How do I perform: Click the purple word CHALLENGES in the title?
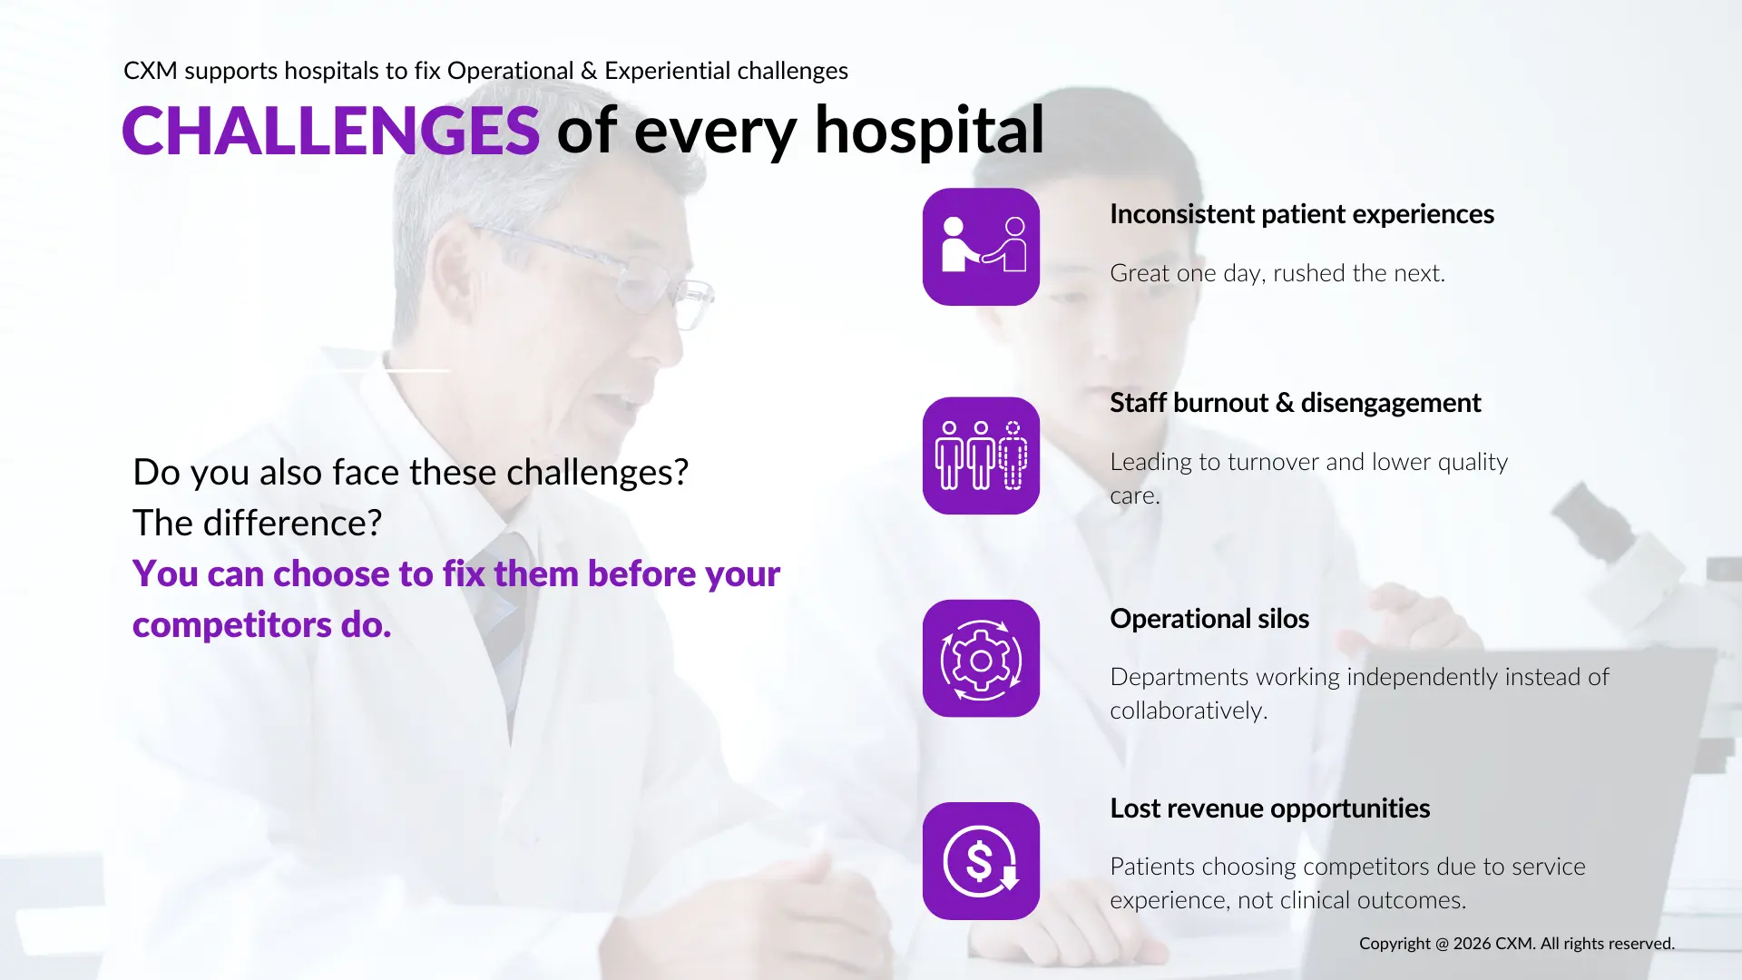pos(331,131)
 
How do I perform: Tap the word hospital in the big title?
pos(929,131)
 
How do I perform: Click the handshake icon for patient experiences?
pos(981,247)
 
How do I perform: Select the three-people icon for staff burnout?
pos(981,456)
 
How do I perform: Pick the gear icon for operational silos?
pos(981,659)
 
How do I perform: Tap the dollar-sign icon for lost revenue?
pos(981,861)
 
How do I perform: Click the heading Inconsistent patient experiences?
pos(1301,214)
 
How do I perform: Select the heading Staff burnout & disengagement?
pos(1295,403)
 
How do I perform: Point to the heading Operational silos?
pos(1209,619)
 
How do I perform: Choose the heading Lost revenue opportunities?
pos(1269,808)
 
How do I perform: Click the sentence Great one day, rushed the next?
pos(1277,273)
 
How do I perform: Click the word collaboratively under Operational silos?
pos(1188,710)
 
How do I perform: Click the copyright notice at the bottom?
pos(1516,944)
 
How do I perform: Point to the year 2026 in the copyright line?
pos(1472,944)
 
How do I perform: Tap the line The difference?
pos(257,523)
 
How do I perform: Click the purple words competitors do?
pos(261,624)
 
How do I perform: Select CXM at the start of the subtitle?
pos(150,71)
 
